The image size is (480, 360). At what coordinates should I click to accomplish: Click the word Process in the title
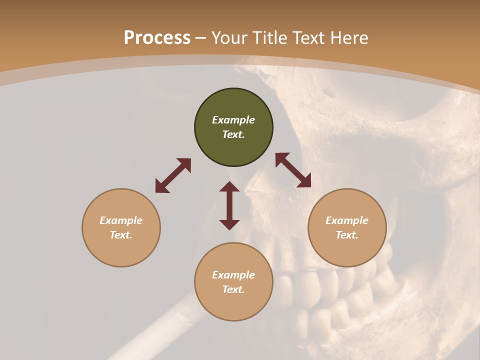tap(157, 38)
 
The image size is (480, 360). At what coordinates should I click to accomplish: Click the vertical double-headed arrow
tap(229, 205)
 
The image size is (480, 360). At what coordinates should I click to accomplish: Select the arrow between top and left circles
tap(173, 175)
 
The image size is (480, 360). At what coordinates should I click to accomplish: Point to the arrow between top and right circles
tap(293, 170)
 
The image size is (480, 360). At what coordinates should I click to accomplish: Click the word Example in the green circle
tap(233, 120)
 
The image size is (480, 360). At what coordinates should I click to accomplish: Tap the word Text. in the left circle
tap(121, 235)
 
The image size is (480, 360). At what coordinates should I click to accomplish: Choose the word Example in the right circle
tap(347, 220)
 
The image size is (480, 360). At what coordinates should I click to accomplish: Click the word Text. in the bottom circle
tap(233, 289)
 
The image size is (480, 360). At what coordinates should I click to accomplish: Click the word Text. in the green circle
tap(233, 134)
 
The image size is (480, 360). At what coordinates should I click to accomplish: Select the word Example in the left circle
tap(121, 220)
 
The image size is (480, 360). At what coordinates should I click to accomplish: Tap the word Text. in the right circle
tap(347, 235)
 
